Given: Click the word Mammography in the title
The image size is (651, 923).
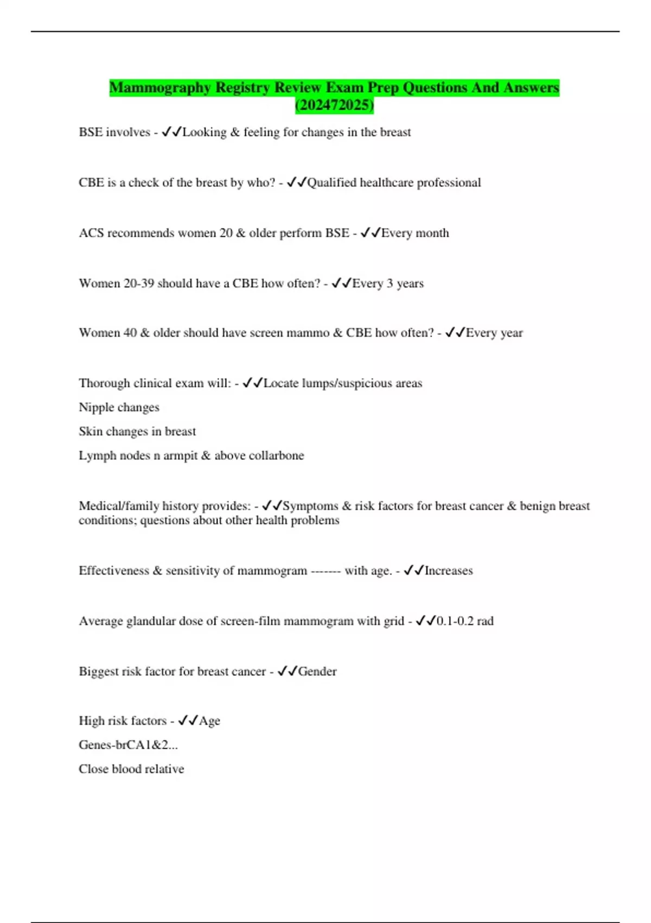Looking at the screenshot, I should pyautogui.click(x=160, y=87).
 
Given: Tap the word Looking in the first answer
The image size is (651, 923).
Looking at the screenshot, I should pyautogui.click(x=205, y=132).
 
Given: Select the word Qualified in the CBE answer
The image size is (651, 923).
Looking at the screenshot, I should pyautogui.click(x=331, y=182).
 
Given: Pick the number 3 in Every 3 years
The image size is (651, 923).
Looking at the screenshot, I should pyautogui.click(x=390, y=283).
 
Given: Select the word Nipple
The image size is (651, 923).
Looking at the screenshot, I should pyautogui.click(x=95, y=407).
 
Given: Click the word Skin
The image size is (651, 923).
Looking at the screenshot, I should pyautogui.click(x=91, y=431).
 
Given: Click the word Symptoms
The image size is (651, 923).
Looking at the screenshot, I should pyautogui.click(x=311, y=506).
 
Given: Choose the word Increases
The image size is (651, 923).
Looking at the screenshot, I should pyautogui.click(x=449, y=571).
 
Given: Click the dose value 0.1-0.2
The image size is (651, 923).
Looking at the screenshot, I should pyautogui.click(x=455, y=621).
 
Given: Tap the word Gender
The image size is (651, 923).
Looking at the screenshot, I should pyautogui.click(x=317, y=672).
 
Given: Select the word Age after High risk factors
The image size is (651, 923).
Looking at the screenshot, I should pyautogui.click(x=209, y=721).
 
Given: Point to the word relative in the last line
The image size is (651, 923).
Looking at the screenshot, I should pyautogui.click(x=164, y=769).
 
